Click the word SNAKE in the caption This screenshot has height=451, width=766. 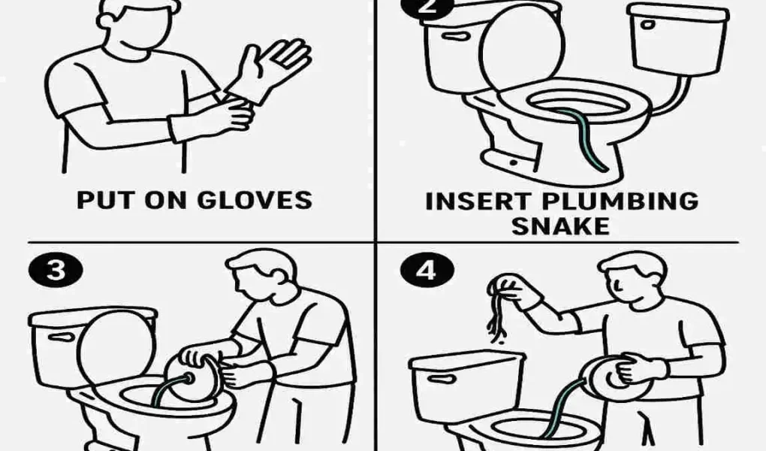point(560,225)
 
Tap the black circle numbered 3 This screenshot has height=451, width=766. point(56,270)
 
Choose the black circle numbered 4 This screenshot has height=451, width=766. point(426,270)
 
